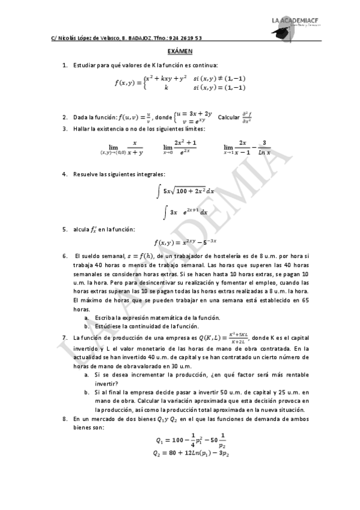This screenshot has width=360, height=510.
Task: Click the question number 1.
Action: pos(64,64)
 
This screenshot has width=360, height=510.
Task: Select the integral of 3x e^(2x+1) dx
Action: pos(186,212)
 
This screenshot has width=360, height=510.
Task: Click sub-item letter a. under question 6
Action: pos(87,317)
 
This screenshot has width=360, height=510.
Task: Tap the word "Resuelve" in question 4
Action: pos(85,174)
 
